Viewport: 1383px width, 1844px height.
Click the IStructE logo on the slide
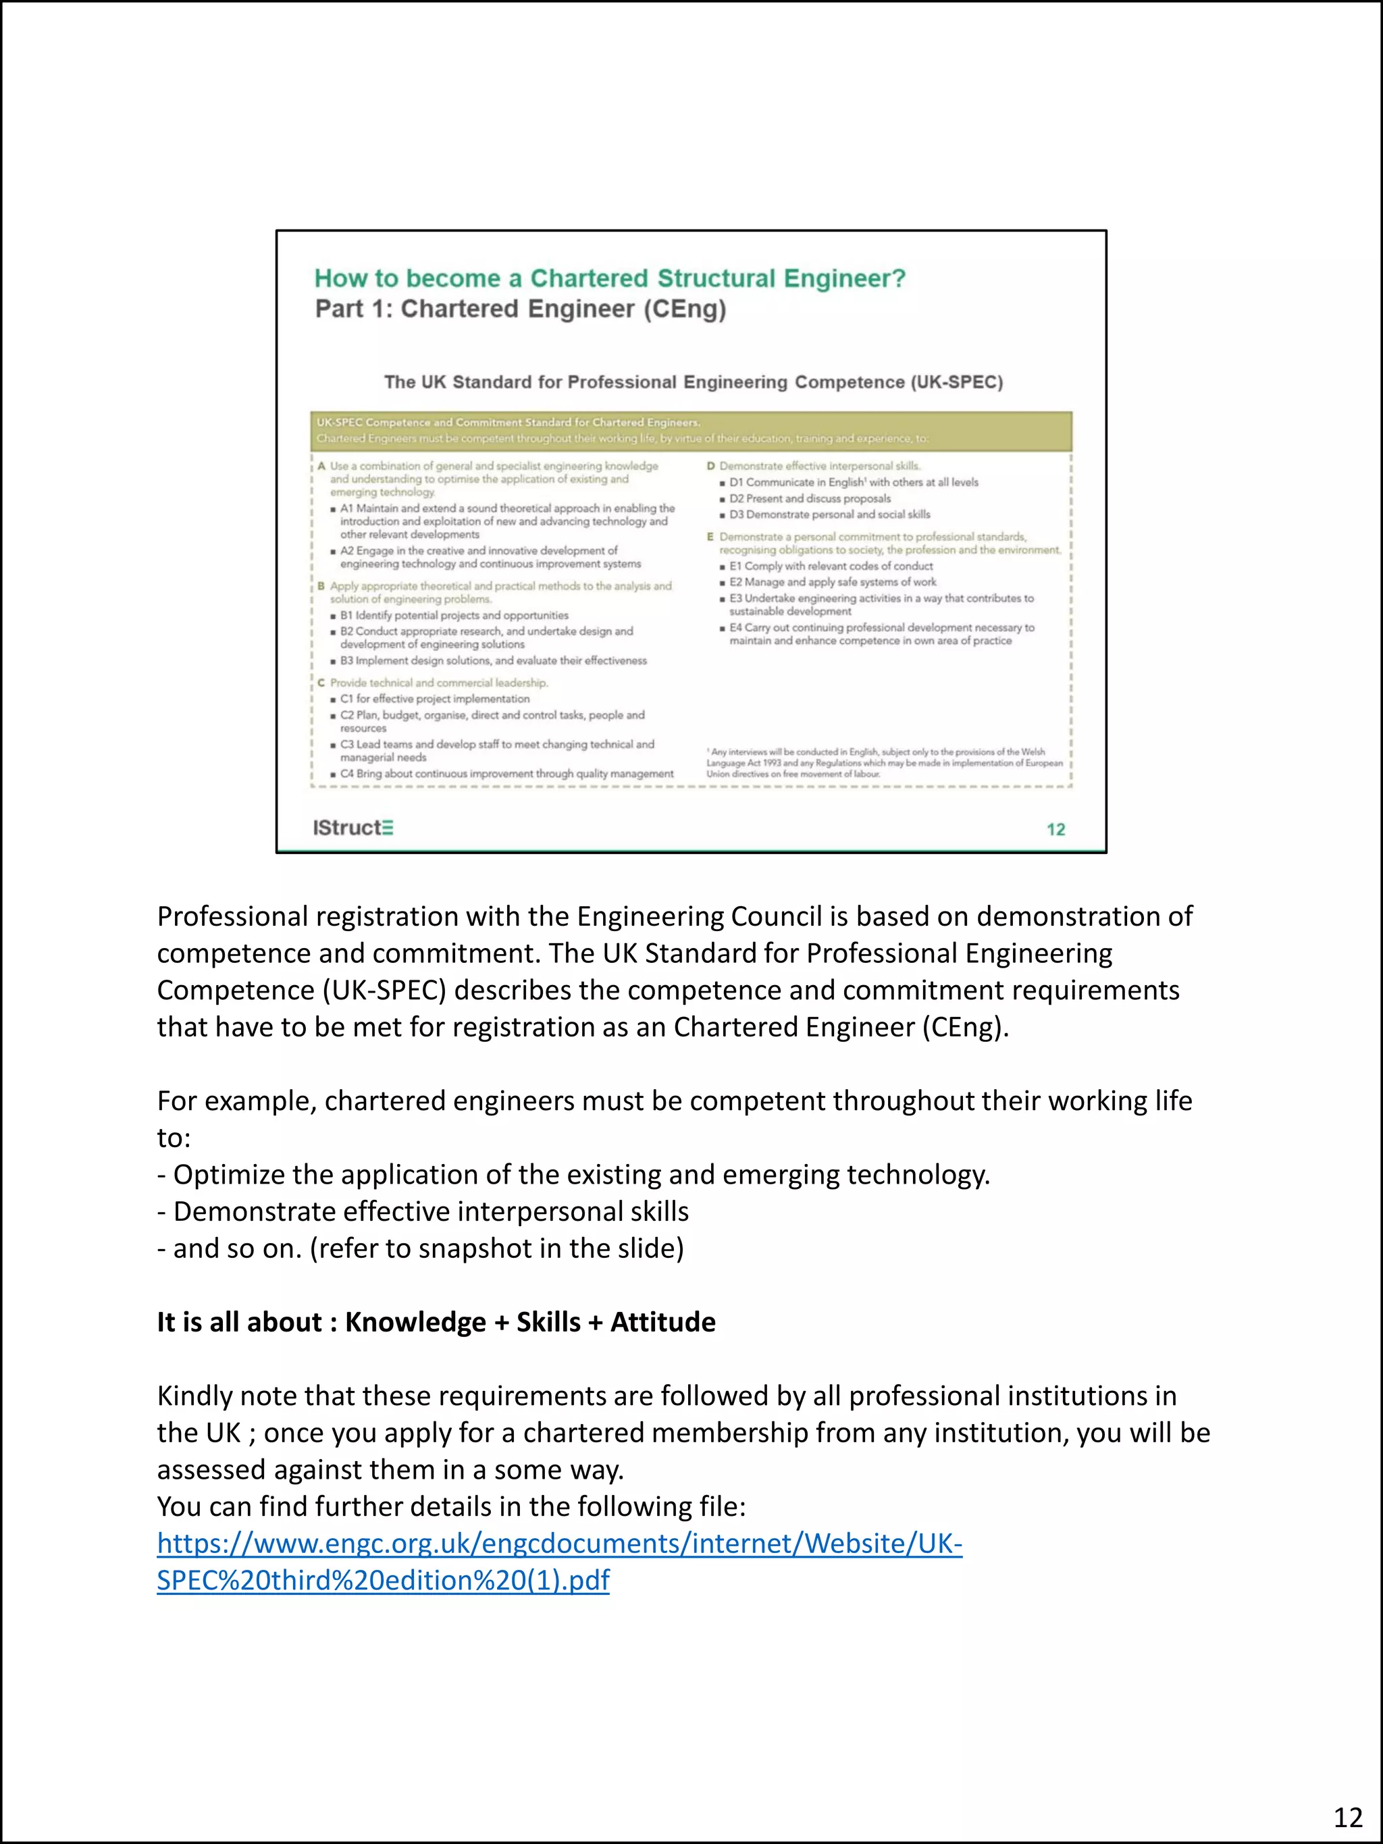pos(353,827)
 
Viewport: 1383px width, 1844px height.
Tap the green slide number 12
pos(1055,829)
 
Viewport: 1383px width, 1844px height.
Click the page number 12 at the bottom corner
pos(1347,1816)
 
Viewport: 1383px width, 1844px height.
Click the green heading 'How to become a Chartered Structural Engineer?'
pos(609,278)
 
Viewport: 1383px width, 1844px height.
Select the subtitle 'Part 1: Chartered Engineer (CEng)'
pos(520,309)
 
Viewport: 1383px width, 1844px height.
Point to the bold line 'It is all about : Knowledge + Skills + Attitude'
pos(436,1322)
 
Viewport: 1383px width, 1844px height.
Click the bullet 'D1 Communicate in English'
pos(853,482)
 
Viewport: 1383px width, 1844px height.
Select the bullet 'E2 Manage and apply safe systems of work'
pos(832,582)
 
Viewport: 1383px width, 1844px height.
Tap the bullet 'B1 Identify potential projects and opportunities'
pos(454,615)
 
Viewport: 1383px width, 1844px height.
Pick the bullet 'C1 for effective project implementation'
pos(434,699)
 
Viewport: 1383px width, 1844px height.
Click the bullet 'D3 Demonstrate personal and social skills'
pos(829,515)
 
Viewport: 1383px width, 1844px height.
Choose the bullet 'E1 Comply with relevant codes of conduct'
pos(831,566)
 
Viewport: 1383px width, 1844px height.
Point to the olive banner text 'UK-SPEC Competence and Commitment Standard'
pos(508,423)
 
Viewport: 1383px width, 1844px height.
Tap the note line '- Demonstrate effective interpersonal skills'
pos(423,1211)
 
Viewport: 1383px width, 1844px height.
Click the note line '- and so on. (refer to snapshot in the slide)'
pos(420,1248)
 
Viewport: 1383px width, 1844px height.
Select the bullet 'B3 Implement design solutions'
pos(493,660)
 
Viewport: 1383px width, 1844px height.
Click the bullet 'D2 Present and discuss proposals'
pos(810,498)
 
